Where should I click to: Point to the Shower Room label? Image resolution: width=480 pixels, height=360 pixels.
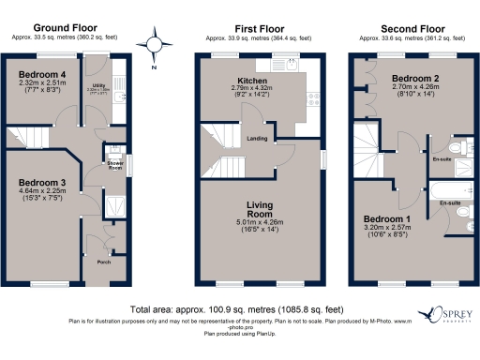point(113,164)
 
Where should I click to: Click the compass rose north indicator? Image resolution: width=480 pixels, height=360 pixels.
point(155,44)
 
